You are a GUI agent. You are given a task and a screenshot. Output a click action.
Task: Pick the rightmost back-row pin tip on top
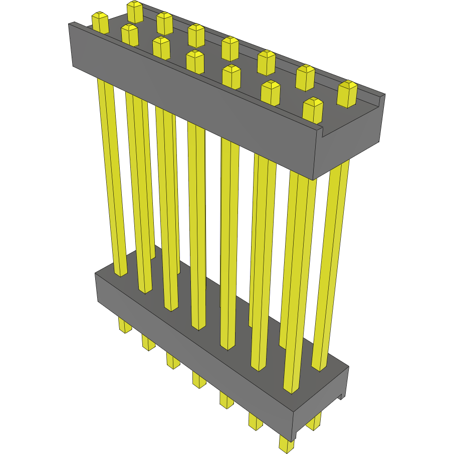point(347,93)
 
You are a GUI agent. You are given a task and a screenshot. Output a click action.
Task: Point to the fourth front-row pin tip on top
point(195,61)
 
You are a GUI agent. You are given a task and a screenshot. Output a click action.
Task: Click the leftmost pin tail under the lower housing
point(124,325)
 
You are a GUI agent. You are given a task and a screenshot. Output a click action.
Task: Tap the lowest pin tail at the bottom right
point(287,443)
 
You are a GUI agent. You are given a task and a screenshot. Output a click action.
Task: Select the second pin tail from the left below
point(148,343)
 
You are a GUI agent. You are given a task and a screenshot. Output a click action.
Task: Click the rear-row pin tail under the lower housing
point(314,421)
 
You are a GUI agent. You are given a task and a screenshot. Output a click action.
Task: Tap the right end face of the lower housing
point(321,401)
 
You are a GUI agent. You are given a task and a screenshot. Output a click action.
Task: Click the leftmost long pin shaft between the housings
point(112,175)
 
